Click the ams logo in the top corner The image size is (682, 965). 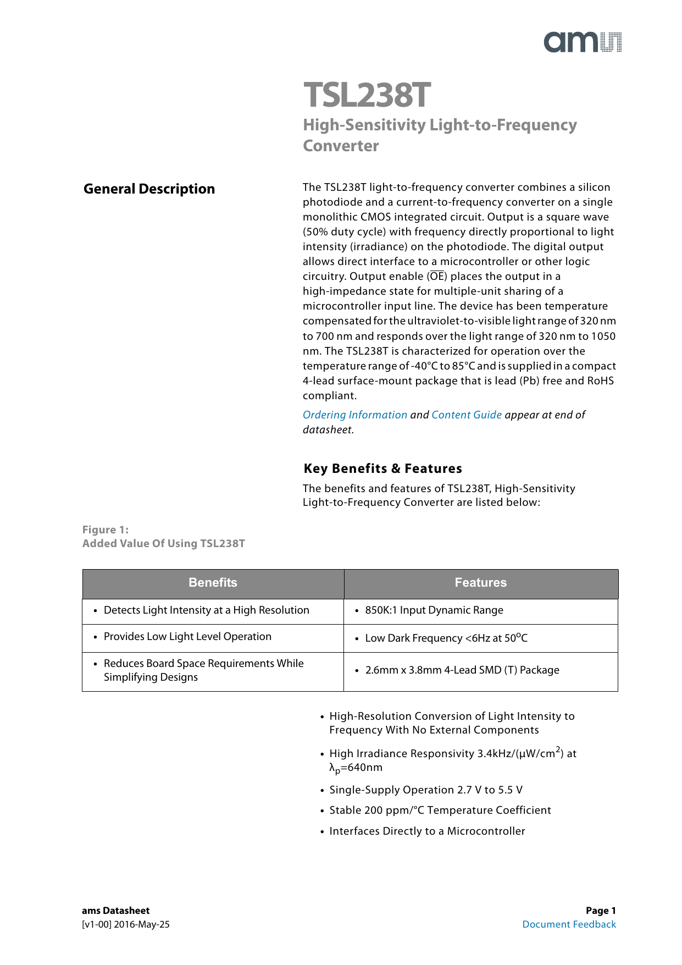(x=583, y=42)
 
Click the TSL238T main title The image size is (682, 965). (x=367, y=95)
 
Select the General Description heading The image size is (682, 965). (x=149, y=189)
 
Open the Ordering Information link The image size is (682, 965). (x=355, y=415)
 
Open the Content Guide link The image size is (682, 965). (x=467, y=415)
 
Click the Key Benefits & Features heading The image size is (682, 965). (x=382, y=468)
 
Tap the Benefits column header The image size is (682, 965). (x=213, y=583)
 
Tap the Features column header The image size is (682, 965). (x=480, y=583)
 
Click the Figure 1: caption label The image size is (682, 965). (x=106, y=530)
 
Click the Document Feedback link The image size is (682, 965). (x=569, y=924)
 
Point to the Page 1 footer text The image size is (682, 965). (x=601, y=911)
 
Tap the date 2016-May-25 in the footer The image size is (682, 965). (x=142, y=924)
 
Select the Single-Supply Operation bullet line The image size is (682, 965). (x=426, y=790)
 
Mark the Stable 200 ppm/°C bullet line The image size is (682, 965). (x=440, y=810)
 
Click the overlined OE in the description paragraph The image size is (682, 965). (x=437, y=277)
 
